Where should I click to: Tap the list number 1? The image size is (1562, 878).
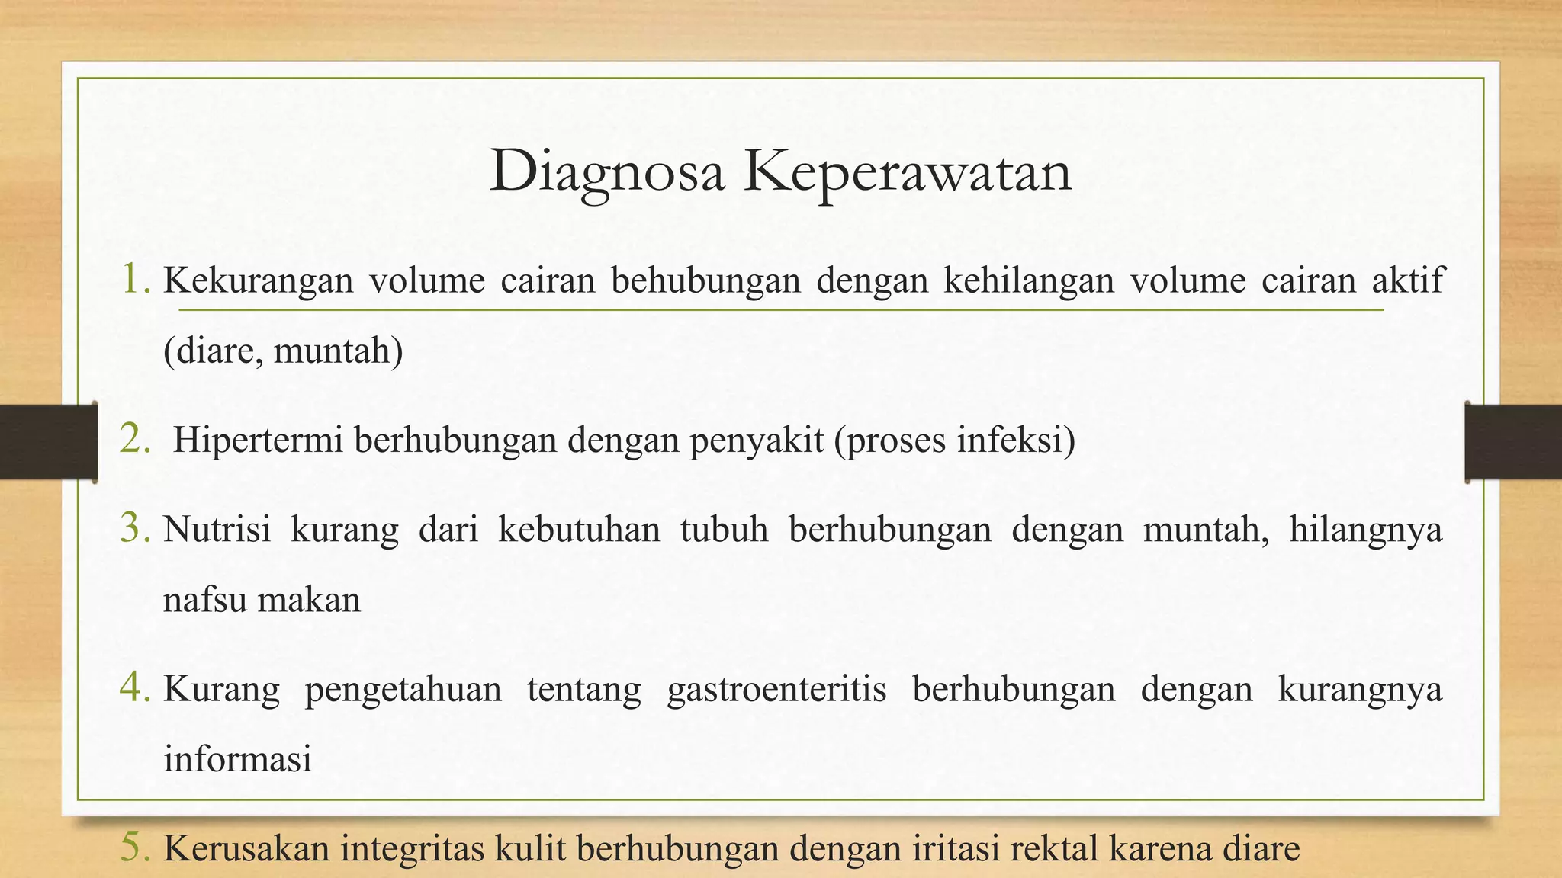(x=136, y=279)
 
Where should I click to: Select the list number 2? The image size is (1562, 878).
(x=135, y=440)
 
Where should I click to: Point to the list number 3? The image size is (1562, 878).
(x=135, y=528)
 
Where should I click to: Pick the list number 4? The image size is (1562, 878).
(x=135, y=688)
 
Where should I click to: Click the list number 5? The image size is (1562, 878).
(x=135, y=848)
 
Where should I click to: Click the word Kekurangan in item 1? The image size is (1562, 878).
(x=259, y=280)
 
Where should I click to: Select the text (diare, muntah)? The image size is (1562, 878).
(x=283, y=351)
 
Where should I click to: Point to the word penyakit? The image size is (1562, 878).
(x=757, y=441)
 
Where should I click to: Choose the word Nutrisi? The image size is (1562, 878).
(x=217, y=529)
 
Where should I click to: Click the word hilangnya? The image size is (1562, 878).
(x=1365, y=529)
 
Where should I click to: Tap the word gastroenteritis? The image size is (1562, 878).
(x=776, y=689)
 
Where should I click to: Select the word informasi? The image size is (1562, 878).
(x=237, y=759)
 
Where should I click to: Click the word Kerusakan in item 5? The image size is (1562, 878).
(x=244, y=849)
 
